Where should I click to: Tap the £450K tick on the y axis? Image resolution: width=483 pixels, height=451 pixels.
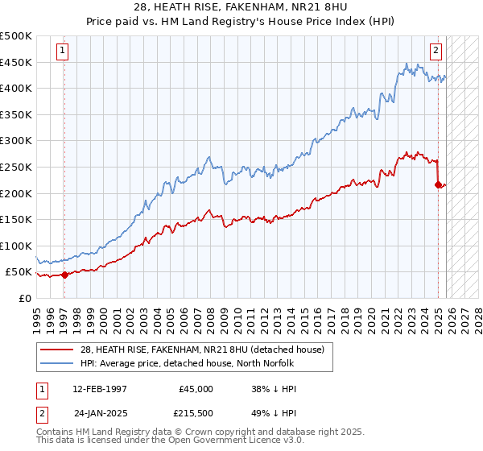[16, 62]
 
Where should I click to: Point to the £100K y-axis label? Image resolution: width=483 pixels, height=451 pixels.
[16, 246]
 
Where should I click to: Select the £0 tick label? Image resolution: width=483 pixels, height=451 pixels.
[25, 298]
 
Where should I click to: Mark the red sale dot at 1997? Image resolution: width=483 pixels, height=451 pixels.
[64, 275]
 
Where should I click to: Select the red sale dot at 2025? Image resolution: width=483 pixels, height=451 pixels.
[438, 185]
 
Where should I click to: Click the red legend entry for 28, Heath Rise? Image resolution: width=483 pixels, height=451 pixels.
[202, 350]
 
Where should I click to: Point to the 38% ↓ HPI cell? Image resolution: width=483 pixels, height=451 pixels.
[274, 389]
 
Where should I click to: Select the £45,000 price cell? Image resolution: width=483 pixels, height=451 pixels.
[196, 389]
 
